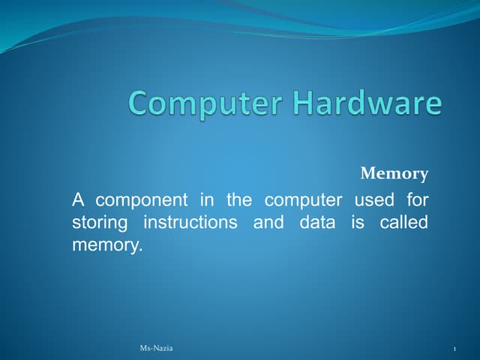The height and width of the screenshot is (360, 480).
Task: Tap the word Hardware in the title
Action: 367,103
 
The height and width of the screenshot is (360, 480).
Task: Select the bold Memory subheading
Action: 394,174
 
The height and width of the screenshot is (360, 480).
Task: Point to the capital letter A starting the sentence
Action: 78,200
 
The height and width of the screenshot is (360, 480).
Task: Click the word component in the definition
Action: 142,201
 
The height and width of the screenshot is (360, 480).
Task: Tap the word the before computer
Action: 238,200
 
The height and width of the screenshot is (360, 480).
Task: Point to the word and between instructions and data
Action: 268,223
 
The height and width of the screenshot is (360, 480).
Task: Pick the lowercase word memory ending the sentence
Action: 106,245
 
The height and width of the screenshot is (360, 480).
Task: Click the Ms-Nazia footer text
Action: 156,349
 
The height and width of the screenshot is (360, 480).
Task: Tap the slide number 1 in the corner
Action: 455,349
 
